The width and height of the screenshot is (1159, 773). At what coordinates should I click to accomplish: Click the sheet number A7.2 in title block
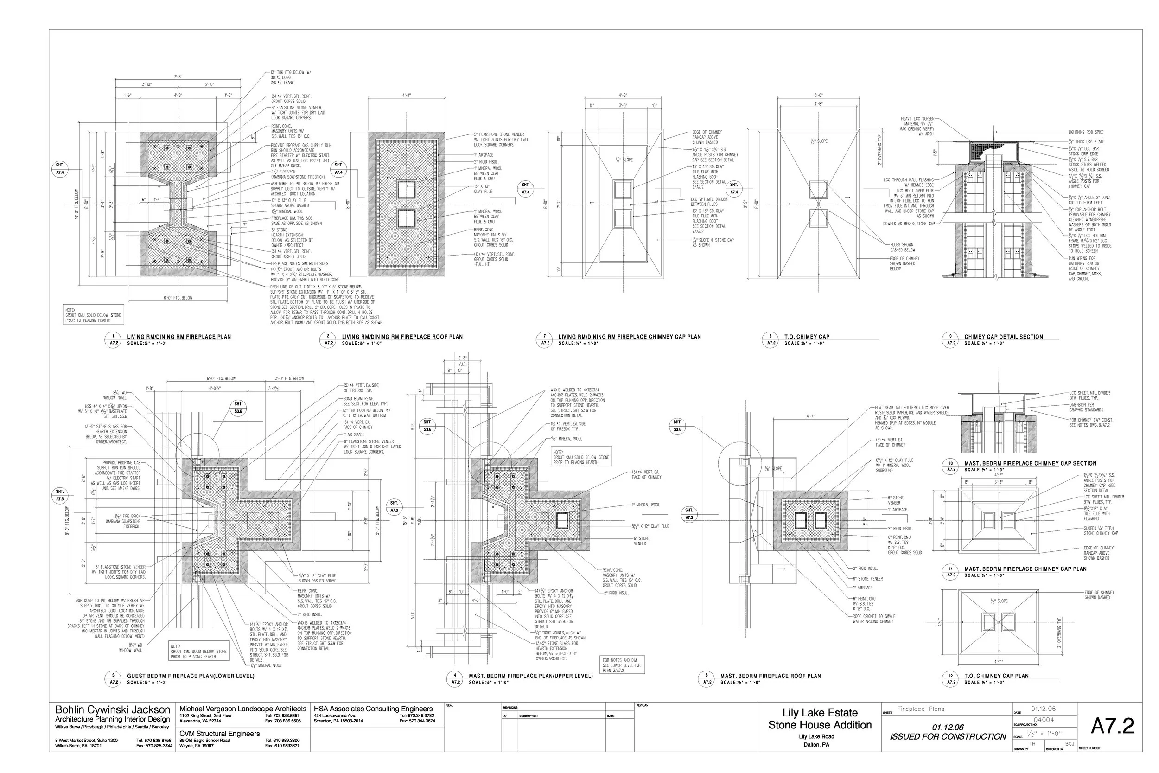pos(1112,726)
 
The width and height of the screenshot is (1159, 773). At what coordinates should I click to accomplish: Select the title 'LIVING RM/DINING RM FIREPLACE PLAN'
pos(179,337)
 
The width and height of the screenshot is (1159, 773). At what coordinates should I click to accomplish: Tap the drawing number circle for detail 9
pos(950,339)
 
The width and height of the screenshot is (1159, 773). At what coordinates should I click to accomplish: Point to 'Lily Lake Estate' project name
pos(820,713)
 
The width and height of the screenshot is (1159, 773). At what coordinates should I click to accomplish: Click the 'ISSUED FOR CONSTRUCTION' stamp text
pos(948,736)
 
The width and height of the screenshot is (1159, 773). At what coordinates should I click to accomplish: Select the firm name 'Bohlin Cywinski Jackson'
pos(112,710)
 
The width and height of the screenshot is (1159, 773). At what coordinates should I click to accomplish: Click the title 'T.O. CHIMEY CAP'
pos(807,337)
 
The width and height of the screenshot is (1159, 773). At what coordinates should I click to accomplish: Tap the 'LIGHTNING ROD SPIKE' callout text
pos(1086,132)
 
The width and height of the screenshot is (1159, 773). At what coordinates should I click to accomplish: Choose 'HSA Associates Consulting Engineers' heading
pos(373,709)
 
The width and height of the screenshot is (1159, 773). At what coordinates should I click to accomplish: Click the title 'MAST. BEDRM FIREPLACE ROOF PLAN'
pos(770,676)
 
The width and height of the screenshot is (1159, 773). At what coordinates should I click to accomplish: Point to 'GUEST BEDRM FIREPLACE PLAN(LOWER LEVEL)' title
pos(191,676)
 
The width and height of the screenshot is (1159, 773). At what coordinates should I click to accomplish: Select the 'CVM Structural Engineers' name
pos(219,734)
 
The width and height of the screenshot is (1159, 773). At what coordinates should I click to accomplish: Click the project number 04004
pos(1043,720)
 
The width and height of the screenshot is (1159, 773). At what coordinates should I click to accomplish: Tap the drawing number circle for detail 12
pos(950,678)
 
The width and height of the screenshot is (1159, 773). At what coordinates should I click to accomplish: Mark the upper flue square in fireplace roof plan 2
pos(407,189)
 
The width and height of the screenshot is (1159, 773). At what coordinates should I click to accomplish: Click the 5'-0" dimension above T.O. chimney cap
pos(818,96)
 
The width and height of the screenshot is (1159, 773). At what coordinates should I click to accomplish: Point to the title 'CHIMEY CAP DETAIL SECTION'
pos(1003,337)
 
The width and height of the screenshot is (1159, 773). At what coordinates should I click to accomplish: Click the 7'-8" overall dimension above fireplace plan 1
pos(178,77)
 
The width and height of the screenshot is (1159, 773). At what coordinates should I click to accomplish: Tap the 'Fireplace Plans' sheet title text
pos(920,709)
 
